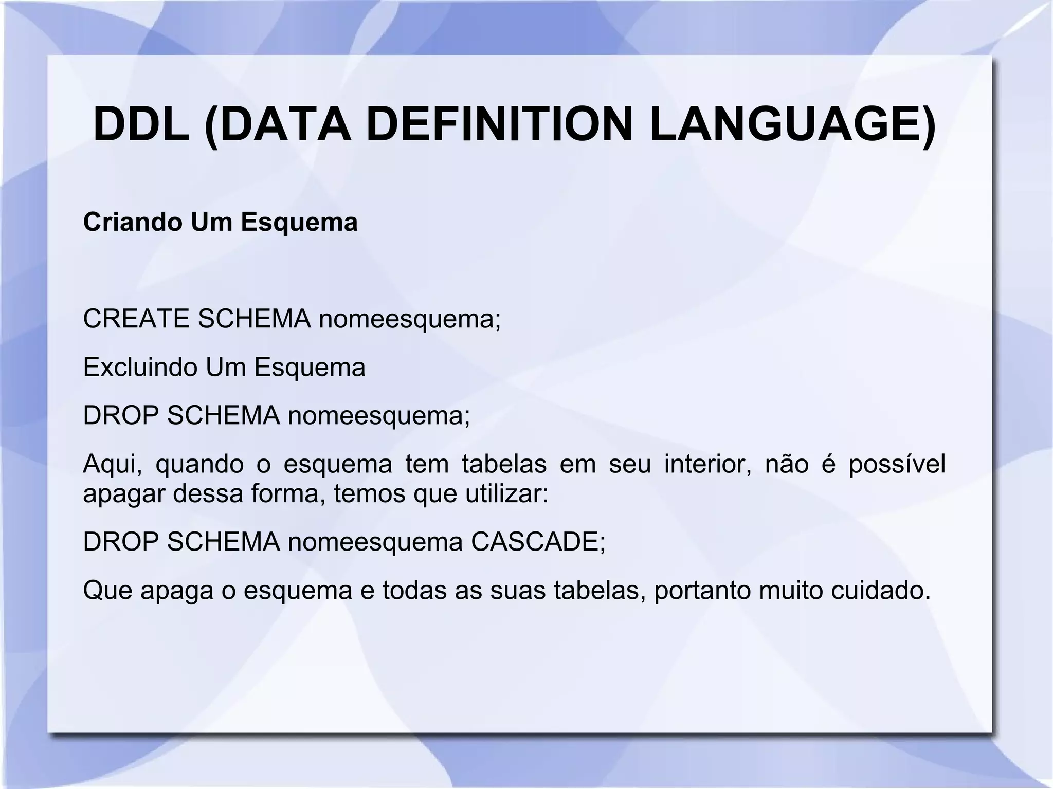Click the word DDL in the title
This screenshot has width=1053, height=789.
point(141,125)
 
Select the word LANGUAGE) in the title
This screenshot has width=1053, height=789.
point(791,125)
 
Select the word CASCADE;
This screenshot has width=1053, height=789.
point(538,541)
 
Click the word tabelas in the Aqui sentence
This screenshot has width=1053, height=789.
point(504,464)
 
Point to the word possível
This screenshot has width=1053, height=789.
point(897,465)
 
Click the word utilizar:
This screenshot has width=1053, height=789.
point(507,493)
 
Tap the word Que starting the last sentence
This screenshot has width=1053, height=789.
point(107,590)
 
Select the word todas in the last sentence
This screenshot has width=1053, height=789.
point(414,590)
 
